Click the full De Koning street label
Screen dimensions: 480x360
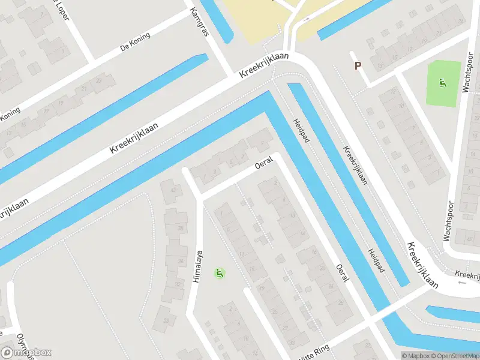135,43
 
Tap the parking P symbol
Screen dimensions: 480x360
358,66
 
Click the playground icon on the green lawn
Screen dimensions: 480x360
443,83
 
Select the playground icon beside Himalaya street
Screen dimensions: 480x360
220,274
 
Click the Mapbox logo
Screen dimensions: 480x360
26,352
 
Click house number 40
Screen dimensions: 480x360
174,191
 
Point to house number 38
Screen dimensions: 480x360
179,228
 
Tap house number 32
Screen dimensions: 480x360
178,284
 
